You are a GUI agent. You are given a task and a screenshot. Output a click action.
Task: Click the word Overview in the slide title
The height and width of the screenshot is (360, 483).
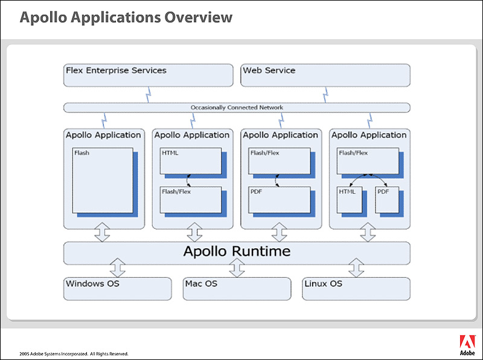(199, 18)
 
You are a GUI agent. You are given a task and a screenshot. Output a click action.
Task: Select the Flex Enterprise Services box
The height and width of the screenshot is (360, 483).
(148, 76)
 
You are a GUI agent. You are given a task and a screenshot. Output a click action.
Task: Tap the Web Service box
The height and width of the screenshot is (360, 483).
(325, 76)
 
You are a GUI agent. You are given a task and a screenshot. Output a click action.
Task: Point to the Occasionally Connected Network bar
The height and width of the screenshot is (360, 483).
(237, 108)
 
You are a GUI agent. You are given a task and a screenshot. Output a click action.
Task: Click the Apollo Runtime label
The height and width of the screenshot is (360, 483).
(237, 251)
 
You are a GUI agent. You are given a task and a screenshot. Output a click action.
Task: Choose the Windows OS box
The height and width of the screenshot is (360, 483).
(117, 289)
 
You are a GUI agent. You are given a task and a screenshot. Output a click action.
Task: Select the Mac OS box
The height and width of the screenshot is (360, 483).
(237, 289)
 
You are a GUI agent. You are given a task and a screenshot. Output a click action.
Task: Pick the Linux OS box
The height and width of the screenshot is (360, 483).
(356, 289)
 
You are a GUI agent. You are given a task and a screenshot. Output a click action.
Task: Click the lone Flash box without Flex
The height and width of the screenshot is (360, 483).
(103, 181)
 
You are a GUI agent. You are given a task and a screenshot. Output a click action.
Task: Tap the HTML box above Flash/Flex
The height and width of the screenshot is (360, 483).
(191, 161)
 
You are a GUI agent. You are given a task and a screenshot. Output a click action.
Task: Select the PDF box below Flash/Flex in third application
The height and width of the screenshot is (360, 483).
(280, 200)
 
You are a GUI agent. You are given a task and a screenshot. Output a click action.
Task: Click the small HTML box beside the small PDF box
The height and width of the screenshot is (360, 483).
(350, 200)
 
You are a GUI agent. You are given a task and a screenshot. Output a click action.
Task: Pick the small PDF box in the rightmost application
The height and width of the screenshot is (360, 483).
(387, 200)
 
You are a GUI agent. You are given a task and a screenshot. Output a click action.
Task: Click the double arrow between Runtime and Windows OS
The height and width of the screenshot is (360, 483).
(117, 268)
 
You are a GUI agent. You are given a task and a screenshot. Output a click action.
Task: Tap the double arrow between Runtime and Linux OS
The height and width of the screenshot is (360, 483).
(356, 268)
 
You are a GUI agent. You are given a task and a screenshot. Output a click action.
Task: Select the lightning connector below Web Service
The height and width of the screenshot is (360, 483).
(325, 95)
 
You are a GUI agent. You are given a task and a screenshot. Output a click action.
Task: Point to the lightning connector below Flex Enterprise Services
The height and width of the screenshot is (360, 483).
(148, 95)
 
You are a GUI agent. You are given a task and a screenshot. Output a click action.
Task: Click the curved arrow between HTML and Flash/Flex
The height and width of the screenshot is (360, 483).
(187, 181)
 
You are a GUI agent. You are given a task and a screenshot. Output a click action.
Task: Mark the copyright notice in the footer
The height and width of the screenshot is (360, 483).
(74, 354)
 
